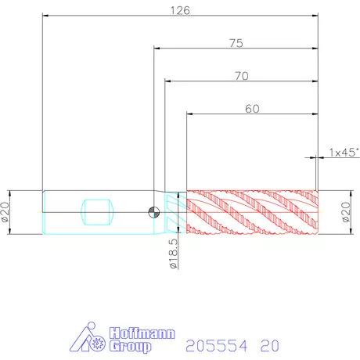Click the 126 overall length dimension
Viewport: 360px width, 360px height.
180,10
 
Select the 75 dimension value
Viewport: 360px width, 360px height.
236,43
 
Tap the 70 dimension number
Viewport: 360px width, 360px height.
242,76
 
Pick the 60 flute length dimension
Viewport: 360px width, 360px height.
252,109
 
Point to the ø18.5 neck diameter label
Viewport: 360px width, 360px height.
174,254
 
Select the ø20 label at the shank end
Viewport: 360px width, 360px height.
5,212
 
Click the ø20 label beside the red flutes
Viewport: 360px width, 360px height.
346,212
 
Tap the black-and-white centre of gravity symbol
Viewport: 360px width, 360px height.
154,212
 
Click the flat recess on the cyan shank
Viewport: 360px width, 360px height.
97,212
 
